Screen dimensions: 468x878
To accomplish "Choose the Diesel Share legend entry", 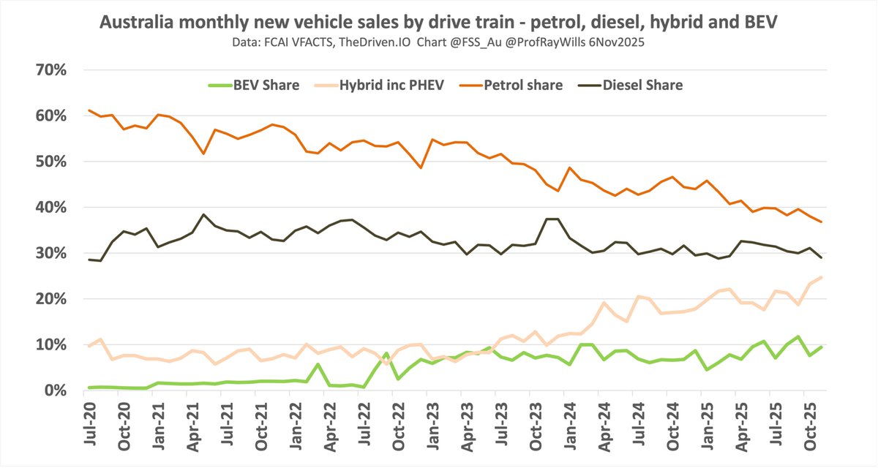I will click(642, 85).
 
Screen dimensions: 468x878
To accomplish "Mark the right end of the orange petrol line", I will click(822, 222).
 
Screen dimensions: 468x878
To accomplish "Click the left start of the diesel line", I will click(89, 260).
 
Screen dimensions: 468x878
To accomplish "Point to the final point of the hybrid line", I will click(822, 277).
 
